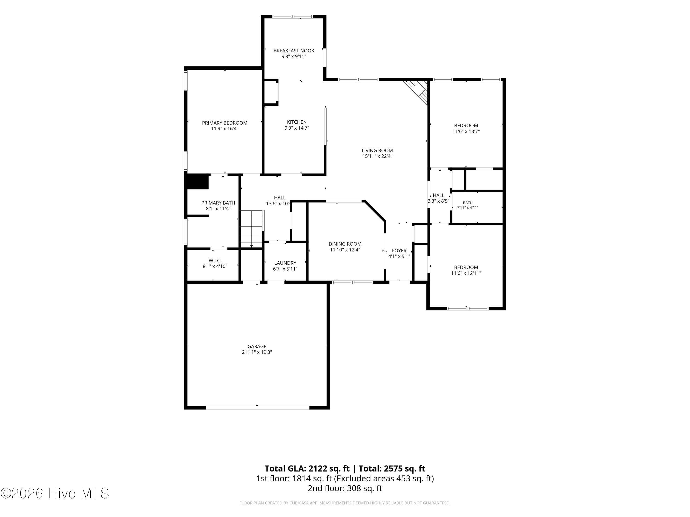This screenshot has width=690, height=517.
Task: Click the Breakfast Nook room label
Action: point(294,51)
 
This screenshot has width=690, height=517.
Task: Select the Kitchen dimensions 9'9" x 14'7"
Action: point(297,128)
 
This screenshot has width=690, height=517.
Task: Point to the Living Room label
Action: point(377,151)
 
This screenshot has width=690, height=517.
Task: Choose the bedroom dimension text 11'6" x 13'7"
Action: point(466,131)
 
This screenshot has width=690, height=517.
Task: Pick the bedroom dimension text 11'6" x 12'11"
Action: point(466,273)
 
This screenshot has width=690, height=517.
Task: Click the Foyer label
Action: point(399,250)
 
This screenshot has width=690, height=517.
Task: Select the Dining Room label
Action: point(345,244)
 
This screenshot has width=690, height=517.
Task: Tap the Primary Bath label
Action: point(218,203)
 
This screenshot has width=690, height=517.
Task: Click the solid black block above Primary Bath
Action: point(197,181)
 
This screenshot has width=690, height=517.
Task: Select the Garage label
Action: point(257,346)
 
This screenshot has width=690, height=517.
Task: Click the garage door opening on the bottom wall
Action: point(258,408)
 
